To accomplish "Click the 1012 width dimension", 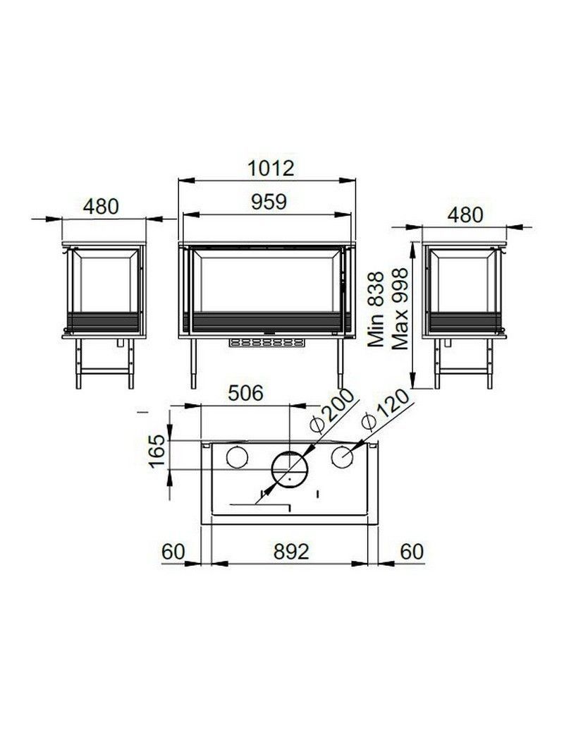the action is click(x=271, y=169).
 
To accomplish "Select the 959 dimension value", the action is click(x=269, y=202).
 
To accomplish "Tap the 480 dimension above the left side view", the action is click(x=101, y=206).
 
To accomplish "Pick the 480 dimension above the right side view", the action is click(x=465, y=215).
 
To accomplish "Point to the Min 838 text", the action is click(x=376, y=309).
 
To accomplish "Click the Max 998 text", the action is click(x=400, y=309).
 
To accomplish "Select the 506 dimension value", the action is click(x=246, y=393).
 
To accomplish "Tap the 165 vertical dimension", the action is click(x=157, y=451).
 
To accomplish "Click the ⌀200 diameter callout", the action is click(x=333, y=411).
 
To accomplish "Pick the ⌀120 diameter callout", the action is click(x=385, y=410).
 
